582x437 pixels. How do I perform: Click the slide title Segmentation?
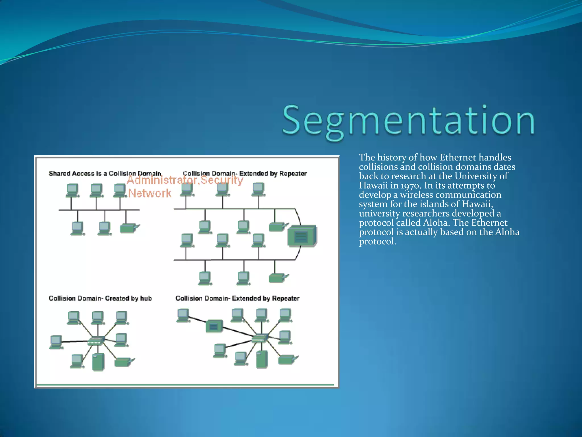tap(409, 121)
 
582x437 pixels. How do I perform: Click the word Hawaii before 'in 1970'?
tap(373, 185)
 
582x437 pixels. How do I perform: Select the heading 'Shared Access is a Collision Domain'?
tap(105, 174)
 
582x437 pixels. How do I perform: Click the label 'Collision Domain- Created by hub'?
tap(100, 298)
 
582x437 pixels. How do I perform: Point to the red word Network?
tap(150, 193)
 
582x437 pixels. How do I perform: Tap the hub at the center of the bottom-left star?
tap(95, 341)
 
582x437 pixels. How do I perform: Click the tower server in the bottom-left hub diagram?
tap(98, 362)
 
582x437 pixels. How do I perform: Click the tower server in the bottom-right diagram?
tap(262, 359)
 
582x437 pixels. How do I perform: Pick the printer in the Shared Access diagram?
tap(129, 228)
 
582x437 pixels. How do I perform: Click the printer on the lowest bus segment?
tap(278, 278)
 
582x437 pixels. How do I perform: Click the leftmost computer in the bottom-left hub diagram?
tap(56, 342)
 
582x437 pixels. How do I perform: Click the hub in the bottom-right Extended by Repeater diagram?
tap(260, 338)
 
